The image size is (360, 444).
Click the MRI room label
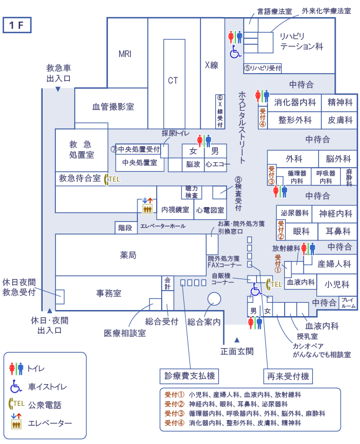click(125, 54)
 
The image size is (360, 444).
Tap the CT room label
click(173, 80)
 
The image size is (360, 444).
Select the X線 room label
click(212, 65)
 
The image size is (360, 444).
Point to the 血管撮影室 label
click(112, 107)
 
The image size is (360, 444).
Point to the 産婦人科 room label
click(334, 264)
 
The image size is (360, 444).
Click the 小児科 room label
click(337, 284)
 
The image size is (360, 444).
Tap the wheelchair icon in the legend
click(16, 386)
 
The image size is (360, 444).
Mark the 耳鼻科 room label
click(337, 231)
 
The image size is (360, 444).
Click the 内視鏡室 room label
click(175, 210)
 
